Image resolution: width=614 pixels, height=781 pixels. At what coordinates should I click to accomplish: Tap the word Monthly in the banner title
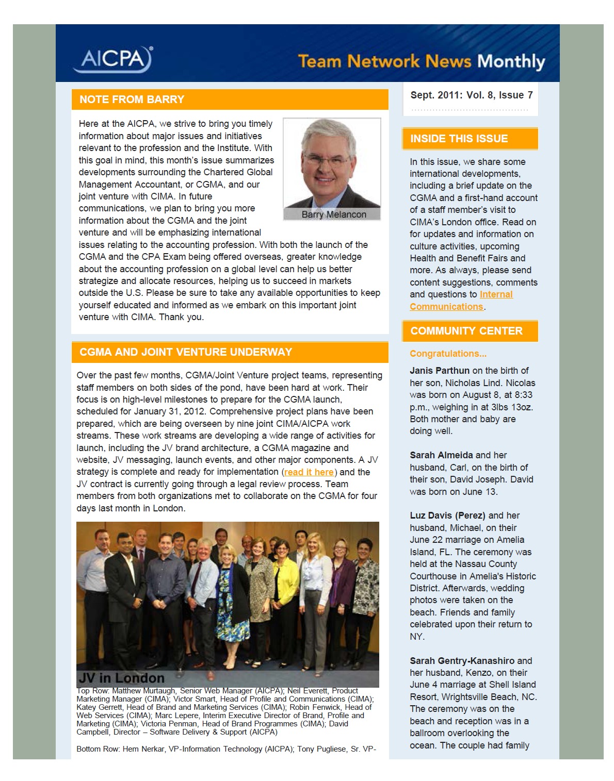click(x=511, y=62)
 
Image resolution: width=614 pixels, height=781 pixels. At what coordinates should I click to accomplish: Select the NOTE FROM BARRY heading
click(x=132, y=99)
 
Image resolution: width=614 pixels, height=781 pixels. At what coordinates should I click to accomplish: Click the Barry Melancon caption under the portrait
click(x=333, y=214)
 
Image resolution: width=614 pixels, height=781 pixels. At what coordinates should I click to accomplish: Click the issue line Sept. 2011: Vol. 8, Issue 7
click(x=471, y=95)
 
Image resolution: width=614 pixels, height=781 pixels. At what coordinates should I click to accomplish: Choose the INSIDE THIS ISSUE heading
click(x=459, y=139)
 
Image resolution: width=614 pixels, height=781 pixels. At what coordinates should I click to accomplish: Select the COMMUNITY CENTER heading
click(x=466, y=331)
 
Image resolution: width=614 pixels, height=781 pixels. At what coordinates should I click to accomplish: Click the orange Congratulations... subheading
click(x=448, y=354)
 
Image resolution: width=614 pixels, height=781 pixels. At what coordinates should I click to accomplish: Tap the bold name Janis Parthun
click(x=440, y=371)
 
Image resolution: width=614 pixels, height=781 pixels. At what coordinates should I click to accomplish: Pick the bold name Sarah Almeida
click(x=441, y=455)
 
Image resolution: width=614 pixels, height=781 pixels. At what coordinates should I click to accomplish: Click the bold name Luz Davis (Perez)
click(x=447, y=516)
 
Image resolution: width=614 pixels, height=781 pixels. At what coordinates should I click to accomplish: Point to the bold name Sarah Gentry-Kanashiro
click(x=462, y=661)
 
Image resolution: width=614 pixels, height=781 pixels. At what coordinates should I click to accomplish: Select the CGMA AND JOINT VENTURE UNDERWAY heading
click(x=186, y=352)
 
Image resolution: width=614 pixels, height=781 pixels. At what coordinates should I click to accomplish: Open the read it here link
click(x=309, y=472)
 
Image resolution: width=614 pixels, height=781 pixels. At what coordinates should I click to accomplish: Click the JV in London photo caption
click(x=122, y=678)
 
